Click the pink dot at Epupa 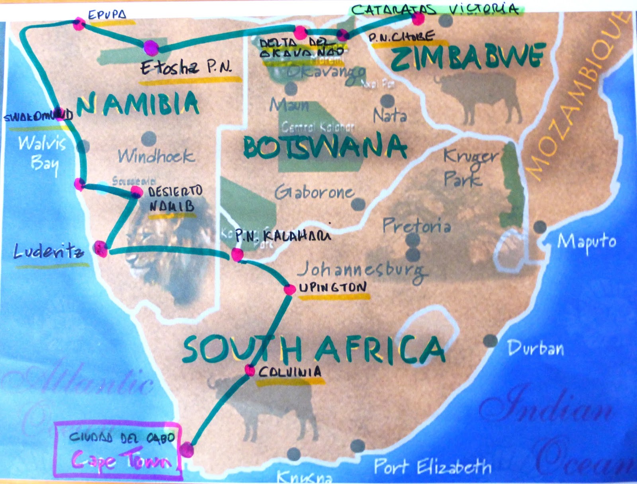[79, 24]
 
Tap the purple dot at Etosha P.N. [151, 48]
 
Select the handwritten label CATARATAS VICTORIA [435, 10]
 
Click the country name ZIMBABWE [467, 57]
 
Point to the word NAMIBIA [138, 103]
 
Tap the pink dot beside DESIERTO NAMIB [136, 192]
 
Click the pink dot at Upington [289, 289]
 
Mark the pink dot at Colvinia [250, 371]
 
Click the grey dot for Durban [490, 341]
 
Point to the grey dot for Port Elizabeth [357, 446]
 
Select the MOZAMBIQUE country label [578, 94]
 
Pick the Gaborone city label [314, 193]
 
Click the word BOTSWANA [324, 147]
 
